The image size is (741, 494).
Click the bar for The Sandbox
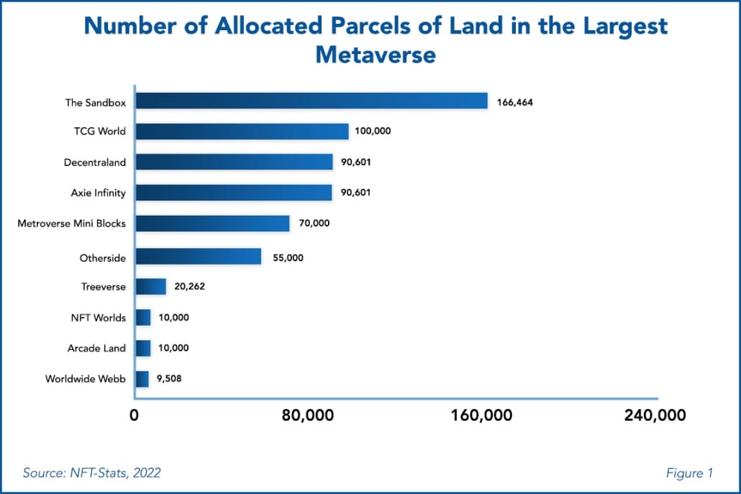coord(312,101)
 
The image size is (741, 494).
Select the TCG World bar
coord(242,132)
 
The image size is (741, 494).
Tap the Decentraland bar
coord(234,162)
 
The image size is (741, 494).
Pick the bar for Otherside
coord(198,257)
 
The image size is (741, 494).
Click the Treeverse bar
coord(150,286)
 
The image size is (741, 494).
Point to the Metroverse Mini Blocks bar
coord(212,223)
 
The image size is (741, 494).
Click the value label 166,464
coord(514,102)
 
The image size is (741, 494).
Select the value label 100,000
coord(373,132)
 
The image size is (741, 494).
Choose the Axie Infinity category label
coord(96,193)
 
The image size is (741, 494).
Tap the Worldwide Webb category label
coord(85,378)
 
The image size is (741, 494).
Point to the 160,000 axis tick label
coord(483,416)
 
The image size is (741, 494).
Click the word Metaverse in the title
coord(376,54)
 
